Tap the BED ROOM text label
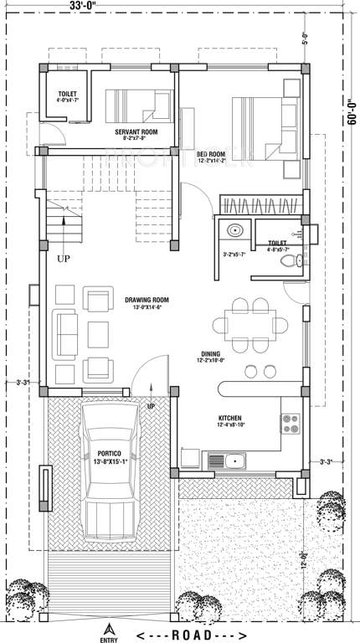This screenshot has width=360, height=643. [x=211, y=155]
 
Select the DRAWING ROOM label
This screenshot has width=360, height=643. [x=147, y=300]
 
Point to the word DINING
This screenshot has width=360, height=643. [x=210, y=353]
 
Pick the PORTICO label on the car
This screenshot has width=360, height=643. [x=108, y=453]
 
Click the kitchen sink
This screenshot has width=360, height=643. [x=230, y=460]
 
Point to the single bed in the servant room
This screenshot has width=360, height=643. [x=137, y=106]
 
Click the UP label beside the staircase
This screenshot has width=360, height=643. [x=64, y=259]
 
